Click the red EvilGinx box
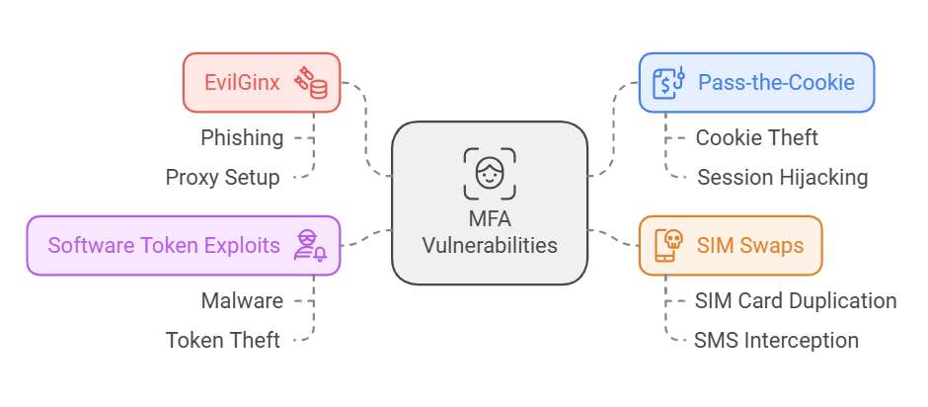[x=262, y=82]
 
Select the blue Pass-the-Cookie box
[x=756, y=82]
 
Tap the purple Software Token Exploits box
[x=183, y=245]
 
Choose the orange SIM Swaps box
[x=730, y=245]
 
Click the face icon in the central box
[x=490, y=174]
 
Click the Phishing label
[x=242, y=137]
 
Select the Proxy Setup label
[x=223, y=178]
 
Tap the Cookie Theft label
[x=757, y=137]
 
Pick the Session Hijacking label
[x=783, y=178]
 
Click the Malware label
[x=242, y=300]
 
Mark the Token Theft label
[x=223, y=341]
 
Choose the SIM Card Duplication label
[x=796, y=300]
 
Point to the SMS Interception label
[x=776, y=341]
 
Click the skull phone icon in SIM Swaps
[x=667, y=245]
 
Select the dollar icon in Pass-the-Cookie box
[x=669, y=82]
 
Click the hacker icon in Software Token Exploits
[x=310, y=245]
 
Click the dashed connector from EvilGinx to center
[x=366, y=128]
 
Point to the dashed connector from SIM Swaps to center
[x=613, y=240]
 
